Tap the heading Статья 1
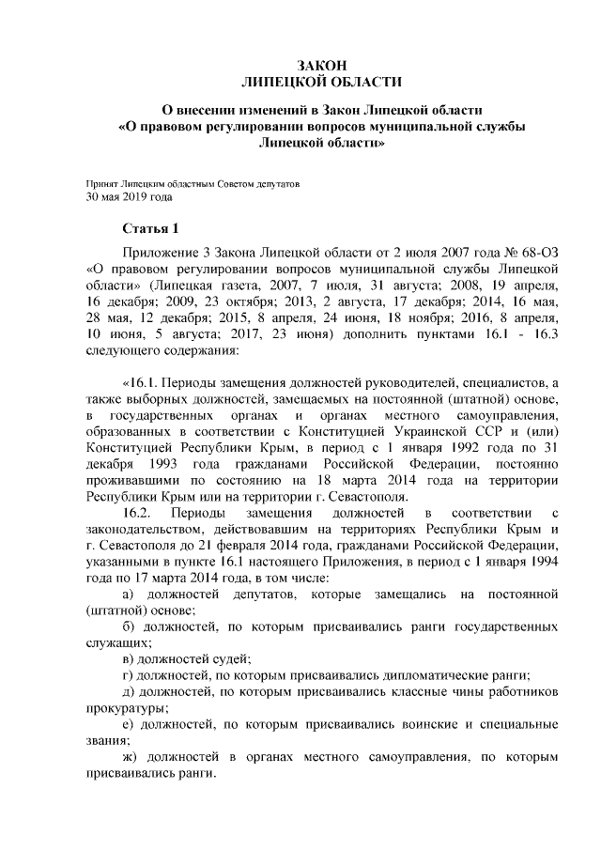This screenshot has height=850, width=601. (x=149, y=228)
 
